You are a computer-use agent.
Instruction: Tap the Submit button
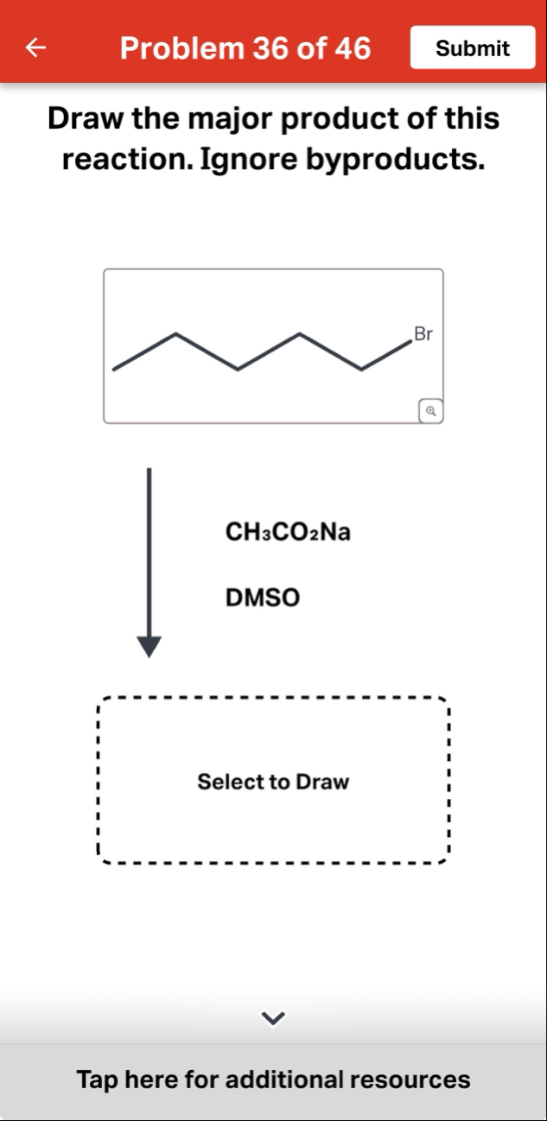473,47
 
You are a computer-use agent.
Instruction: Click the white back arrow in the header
35,47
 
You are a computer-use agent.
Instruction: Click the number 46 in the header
353,48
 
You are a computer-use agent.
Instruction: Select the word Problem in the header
181,48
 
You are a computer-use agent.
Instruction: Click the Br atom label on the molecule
423,334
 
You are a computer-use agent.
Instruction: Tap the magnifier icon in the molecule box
431,411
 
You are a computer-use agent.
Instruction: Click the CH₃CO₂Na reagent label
288,531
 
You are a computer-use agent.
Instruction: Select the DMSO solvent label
263,597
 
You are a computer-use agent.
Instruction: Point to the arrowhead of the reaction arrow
149,647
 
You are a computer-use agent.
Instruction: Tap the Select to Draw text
273,782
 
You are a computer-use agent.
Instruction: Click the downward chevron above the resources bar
273,1018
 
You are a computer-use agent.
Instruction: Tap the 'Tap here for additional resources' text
273,1079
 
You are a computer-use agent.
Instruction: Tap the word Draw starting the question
86,118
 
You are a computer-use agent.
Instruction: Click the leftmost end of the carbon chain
114,370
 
